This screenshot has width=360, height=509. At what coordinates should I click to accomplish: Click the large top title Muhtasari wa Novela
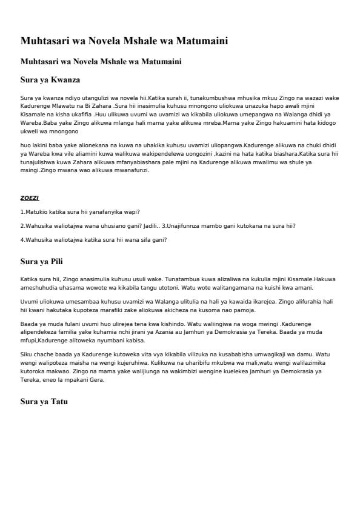pos(124,42)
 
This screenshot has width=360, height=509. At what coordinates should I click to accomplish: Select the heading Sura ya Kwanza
pos(50,80)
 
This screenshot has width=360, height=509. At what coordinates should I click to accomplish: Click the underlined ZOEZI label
pos(30,198)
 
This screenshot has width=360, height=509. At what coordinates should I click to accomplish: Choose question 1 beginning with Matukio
pos(80,212)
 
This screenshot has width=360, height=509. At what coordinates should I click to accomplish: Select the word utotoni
pos(178,287)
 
